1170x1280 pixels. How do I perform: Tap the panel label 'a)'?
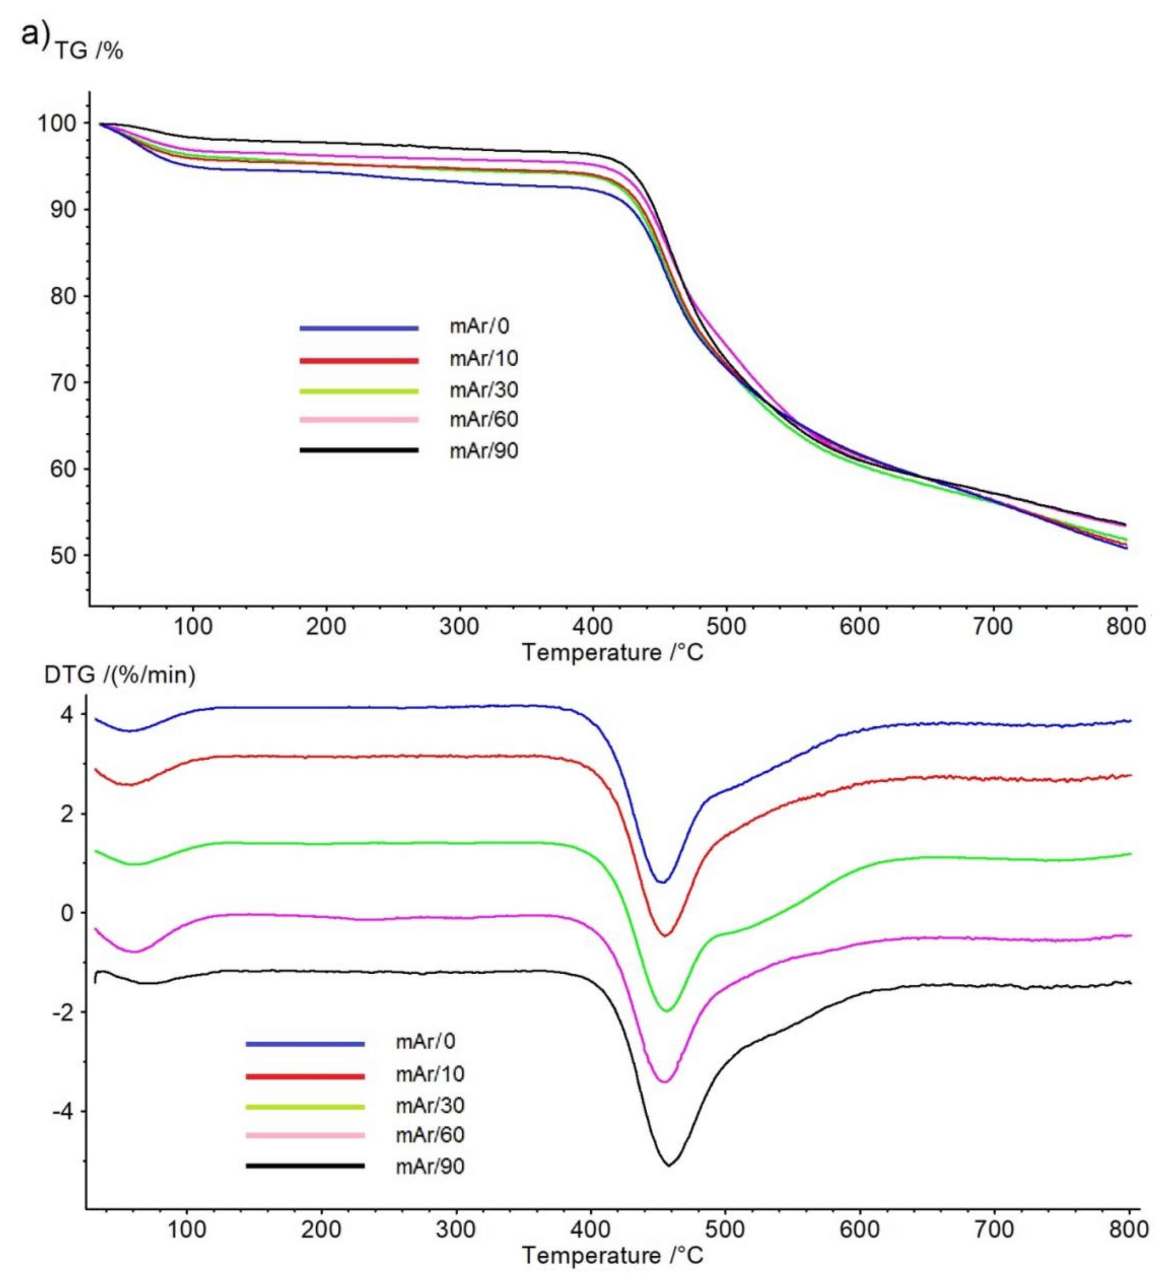[x=35, y=33]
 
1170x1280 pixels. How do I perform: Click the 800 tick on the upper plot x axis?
[x=1126, y=627]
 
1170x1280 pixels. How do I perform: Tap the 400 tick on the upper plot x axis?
[x=592, y=627]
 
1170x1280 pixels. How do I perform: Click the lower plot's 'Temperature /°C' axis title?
[x=613, y=1255]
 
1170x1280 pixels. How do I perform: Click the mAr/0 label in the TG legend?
[x=479, y=327]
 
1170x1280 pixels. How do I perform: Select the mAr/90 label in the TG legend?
[x=484, y=451]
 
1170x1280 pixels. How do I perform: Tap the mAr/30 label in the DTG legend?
[x=430, y=1106]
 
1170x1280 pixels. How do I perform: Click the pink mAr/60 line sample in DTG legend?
[x=305, y=1135]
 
